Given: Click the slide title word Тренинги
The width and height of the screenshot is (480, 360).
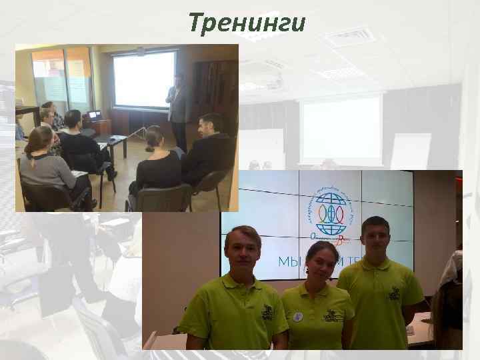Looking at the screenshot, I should [247, 23].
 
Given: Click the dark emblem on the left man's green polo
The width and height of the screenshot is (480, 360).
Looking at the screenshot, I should [267, 311].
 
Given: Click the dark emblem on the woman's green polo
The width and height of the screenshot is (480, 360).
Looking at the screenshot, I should [332, 315].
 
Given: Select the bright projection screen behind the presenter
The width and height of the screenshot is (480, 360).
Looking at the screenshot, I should [145, 78].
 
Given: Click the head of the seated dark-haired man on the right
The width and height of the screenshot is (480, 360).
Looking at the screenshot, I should [210, 125].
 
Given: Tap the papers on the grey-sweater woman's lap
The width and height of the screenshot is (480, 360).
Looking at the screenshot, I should [79, 174].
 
